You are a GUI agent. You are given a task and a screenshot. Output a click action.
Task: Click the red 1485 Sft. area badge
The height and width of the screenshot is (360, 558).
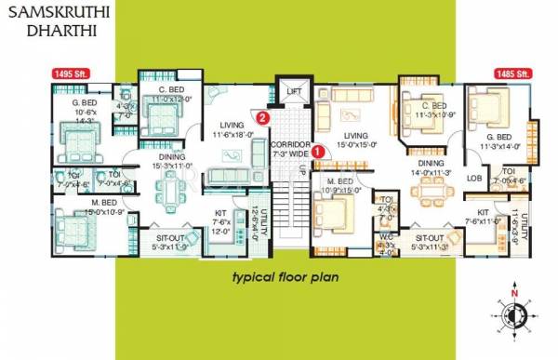[510, 73]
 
